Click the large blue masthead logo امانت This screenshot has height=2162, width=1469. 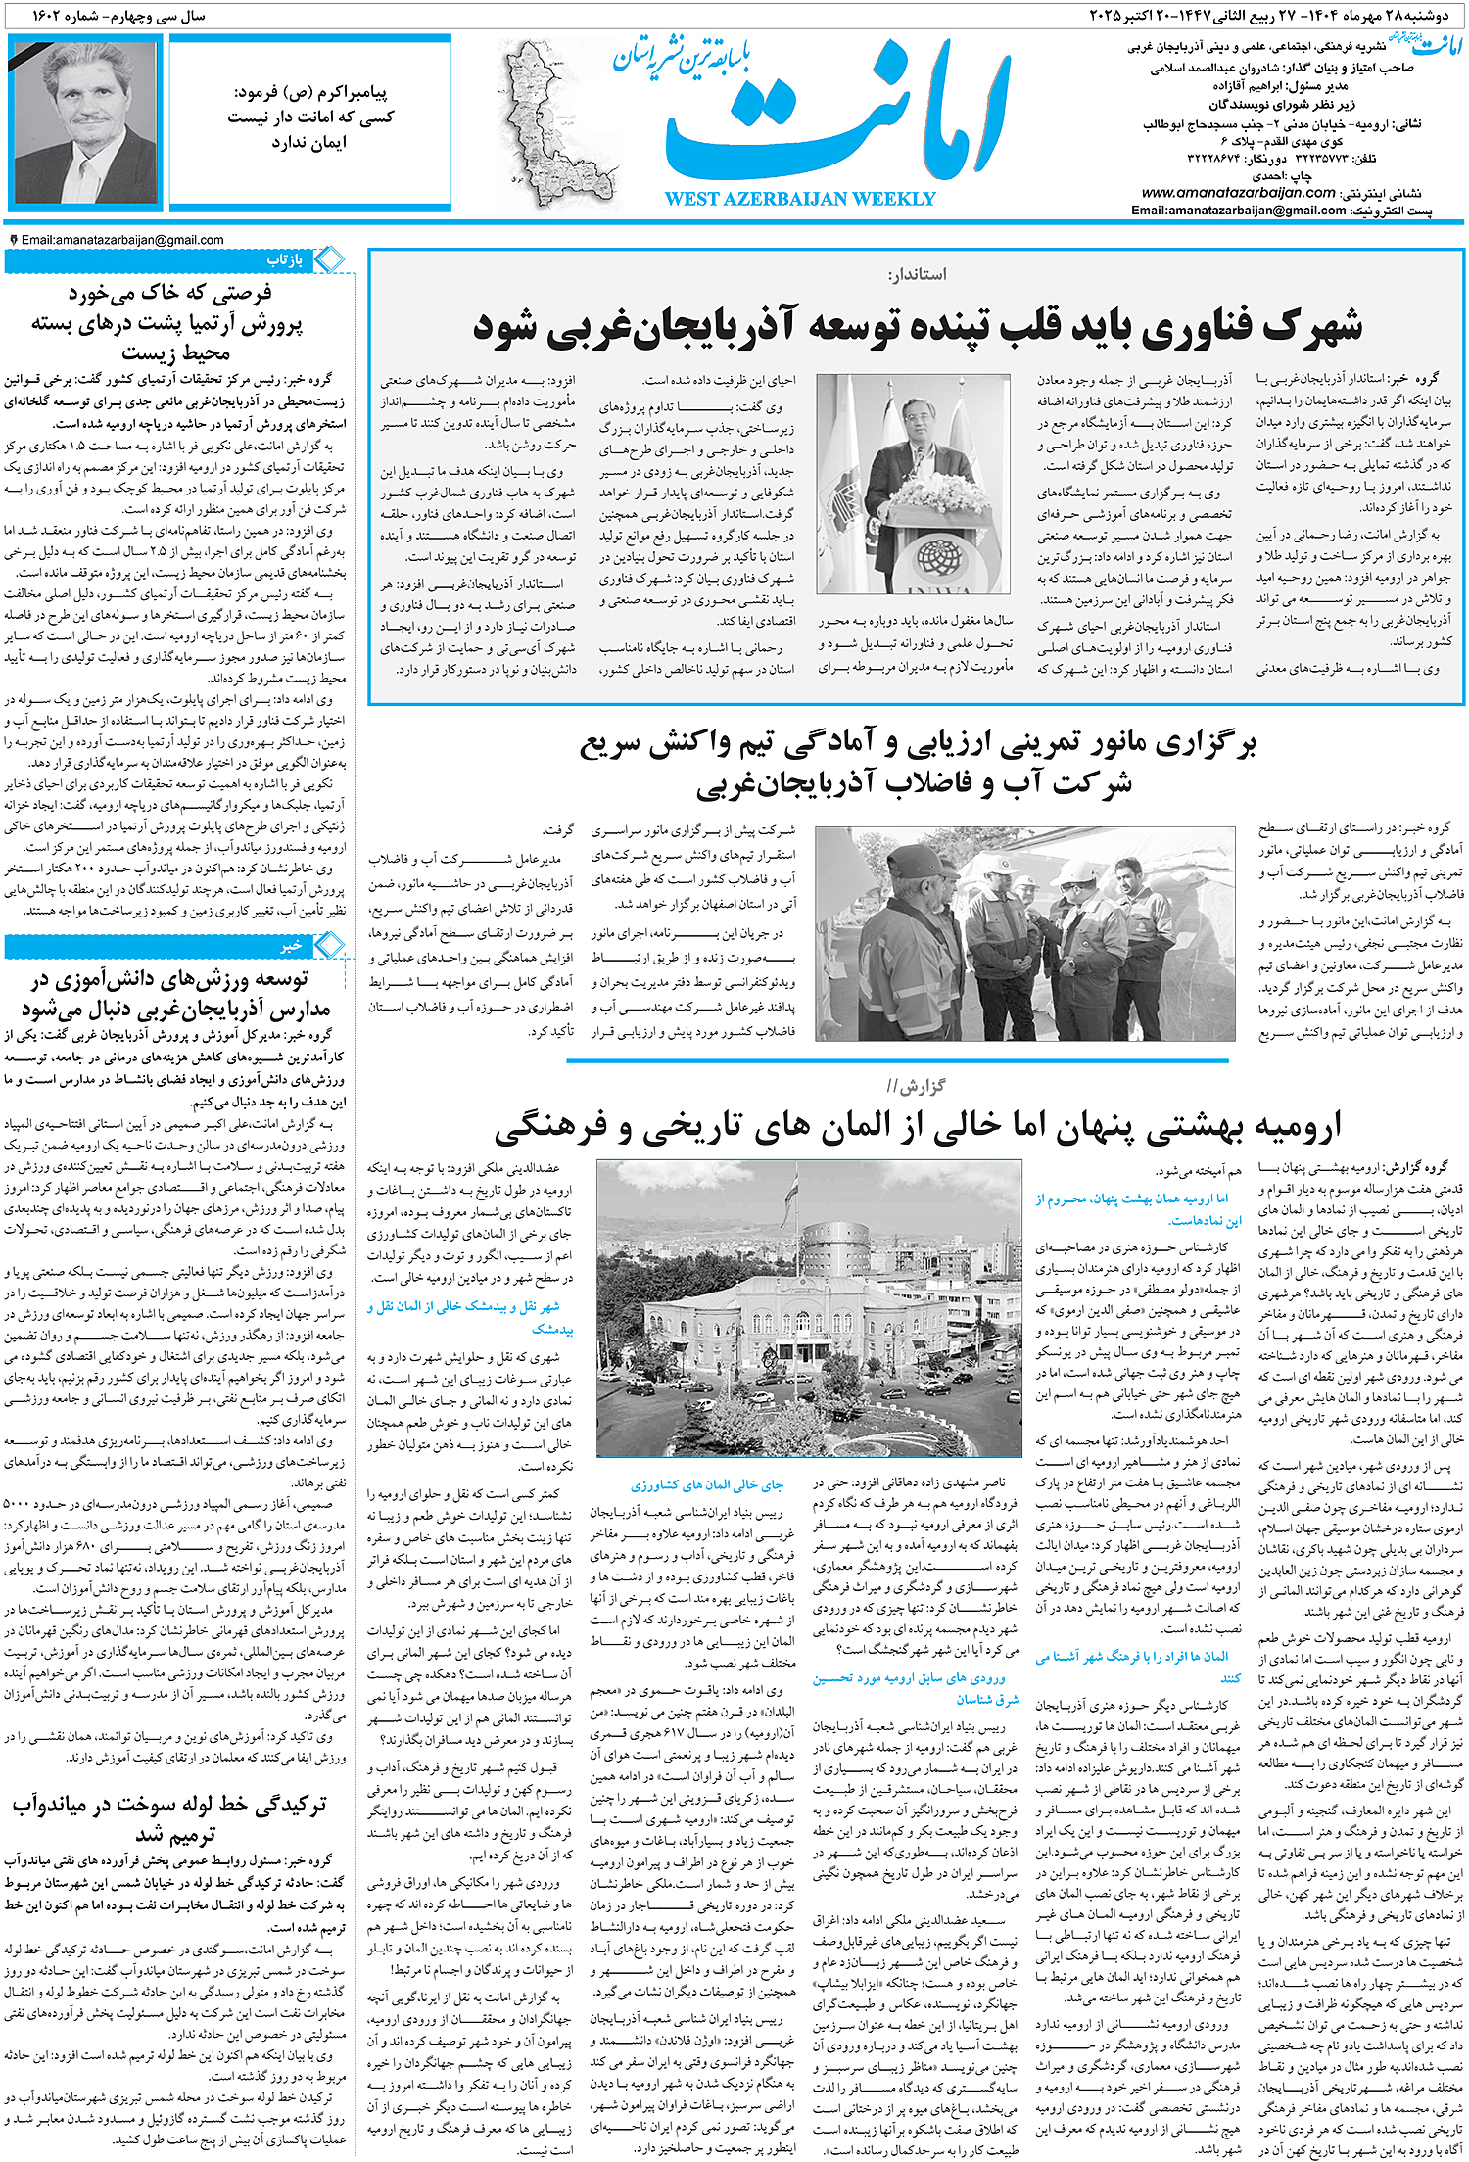click(837, 117)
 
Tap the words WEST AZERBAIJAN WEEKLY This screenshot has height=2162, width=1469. click(799, 199)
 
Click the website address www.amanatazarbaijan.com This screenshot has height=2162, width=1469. click(1238, 193)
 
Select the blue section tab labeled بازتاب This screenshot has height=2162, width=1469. click(285, 260)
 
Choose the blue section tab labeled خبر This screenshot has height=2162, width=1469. click(291, 946)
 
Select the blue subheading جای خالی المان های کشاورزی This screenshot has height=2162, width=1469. click(706, 1485)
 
